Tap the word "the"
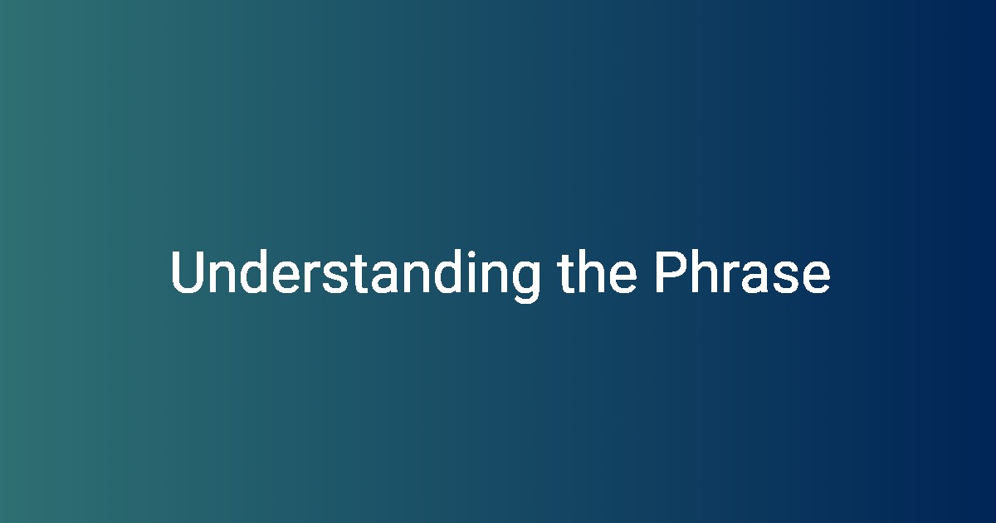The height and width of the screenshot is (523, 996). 597,271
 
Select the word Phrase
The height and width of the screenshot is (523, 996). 743,271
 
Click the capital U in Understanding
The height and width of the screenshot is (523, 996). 188,271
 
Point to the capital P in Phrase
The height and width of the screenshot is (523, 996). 671,271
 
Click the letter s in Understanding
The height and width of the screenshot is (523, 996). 335,277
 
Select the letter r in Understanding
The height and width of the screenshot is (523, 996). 311,277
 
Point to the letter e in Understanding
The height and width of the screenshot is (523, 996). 286,277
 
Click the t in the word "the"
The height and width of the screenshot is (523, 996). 567,274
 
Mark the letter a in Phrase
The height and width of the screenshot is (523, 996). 754,277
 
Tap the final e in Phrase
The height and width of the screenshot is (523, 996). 816,277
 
